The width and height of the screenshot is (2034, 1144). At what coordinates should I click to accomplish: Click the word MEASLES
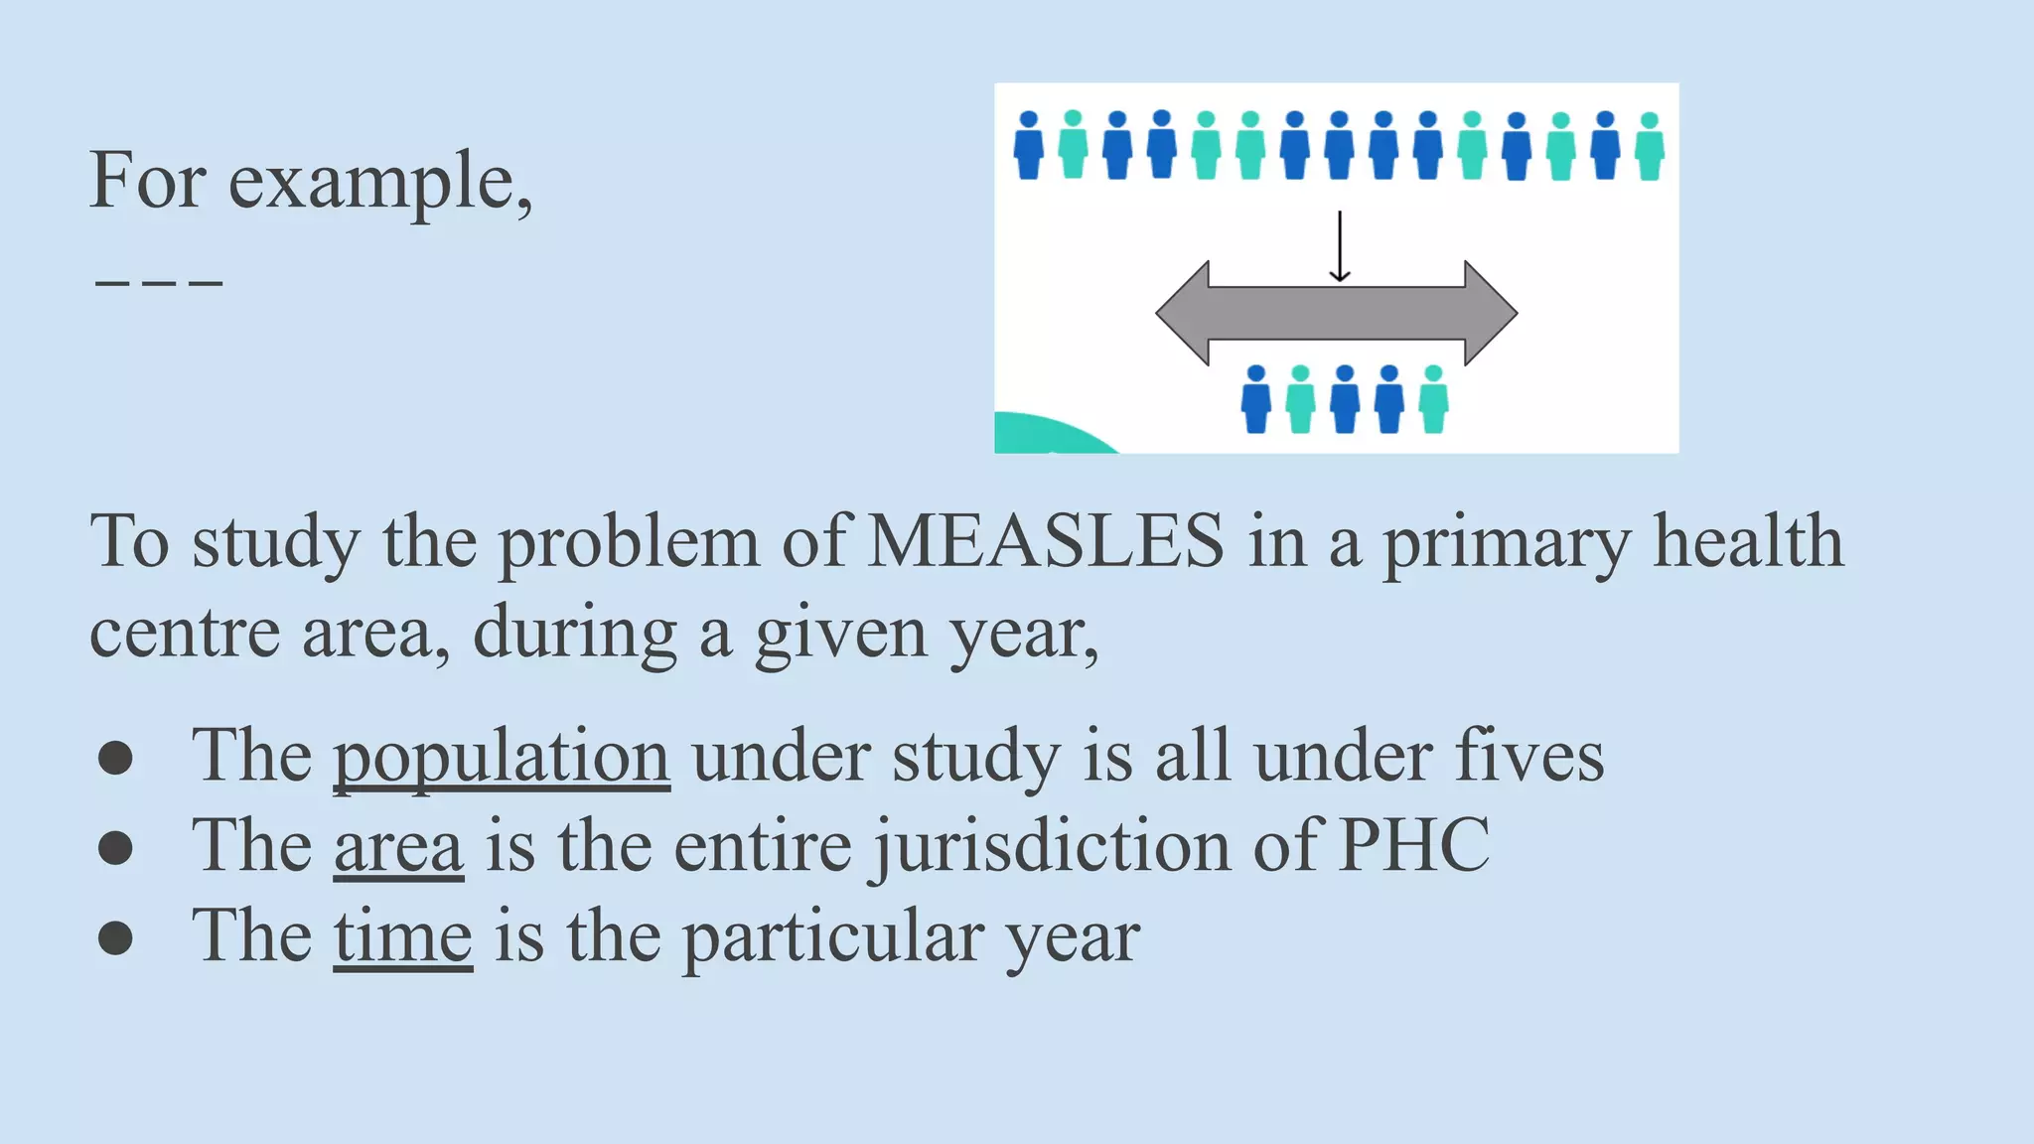(x=1046, y=542)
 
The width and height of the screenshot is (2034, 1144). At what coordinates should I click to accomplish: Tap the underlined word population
(x=502, y=757)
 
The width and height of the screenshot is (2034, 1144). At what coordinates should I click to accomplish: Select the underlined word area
(x=398, y=847)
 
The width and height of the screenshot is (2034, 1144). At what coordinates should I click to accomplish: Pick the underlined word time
(x=402, y=936)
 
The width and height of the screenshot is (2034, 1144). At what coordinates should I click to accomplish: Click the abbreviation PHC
(x=1414, y=846)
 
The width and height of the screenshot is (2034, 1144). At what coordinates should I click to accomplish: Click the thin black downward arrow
(x=1340, y=246)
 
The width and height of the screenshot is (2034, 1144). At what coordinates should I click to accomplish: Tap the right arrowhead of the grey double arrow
(x=1490, y=314)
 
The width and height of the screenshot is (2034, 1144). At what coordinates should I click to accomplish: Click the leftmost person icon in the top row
(x=1029, y=145)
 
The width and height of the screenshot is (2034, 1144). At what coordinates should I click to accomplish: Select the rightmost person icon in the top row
(x=1650, y=146)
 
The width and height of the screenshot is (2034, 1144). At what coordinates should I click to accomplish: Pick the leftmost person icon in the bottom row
(x=1256, y=399)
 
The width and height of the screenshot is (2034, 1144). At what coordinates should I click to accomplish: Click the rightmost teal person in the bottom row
(x=1433, y=399)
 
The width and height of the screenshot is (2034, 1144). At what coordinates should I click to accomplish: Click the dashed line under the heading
(x=159, y=284)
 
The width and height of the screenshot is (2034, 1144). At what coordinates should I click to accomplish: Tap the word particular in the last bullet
(x=832, y=936)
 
